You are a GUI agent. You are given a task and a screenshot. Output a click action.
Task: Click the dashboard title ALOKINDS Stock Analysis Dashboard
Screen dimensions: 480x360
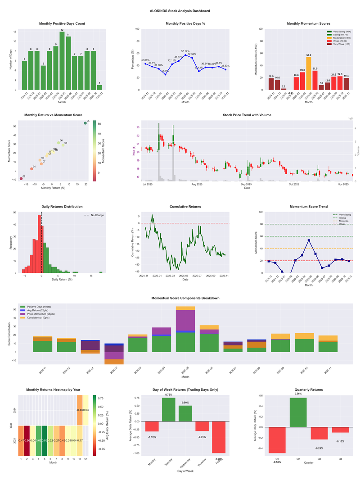tap(180, 10)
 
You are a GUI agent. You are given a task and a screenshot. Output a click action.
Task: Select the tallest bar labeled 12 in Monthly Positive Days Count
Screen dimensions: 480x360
tap(62, 61)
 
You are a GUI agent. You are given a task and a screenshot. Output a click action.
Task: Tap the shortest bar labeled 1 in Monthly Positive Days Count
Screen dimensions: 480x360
tap(99, 87)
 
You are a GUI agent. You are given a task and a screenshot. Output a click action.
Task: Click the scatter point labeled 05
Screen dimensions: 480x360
tap(85, 123)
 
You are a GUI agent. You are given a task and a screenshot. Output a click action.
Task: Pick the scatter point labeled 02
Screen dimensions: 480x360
tap(21, 179)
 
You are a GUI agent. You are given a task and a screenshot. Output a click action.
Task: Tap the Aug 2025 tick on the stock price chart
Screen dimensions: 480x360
tap(197, 184)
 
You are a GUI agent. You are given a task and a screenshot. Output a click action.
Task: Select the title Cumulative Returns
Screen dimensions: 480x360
tap(185, 207)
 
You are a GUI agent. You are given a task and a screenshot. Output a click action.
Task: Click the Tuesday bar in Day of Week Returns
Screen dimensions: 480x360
tap(169, 409)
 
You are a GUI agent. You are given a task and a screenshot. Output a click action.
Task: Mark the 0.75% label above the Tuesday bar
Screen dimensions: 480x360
tap(169, 395)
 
